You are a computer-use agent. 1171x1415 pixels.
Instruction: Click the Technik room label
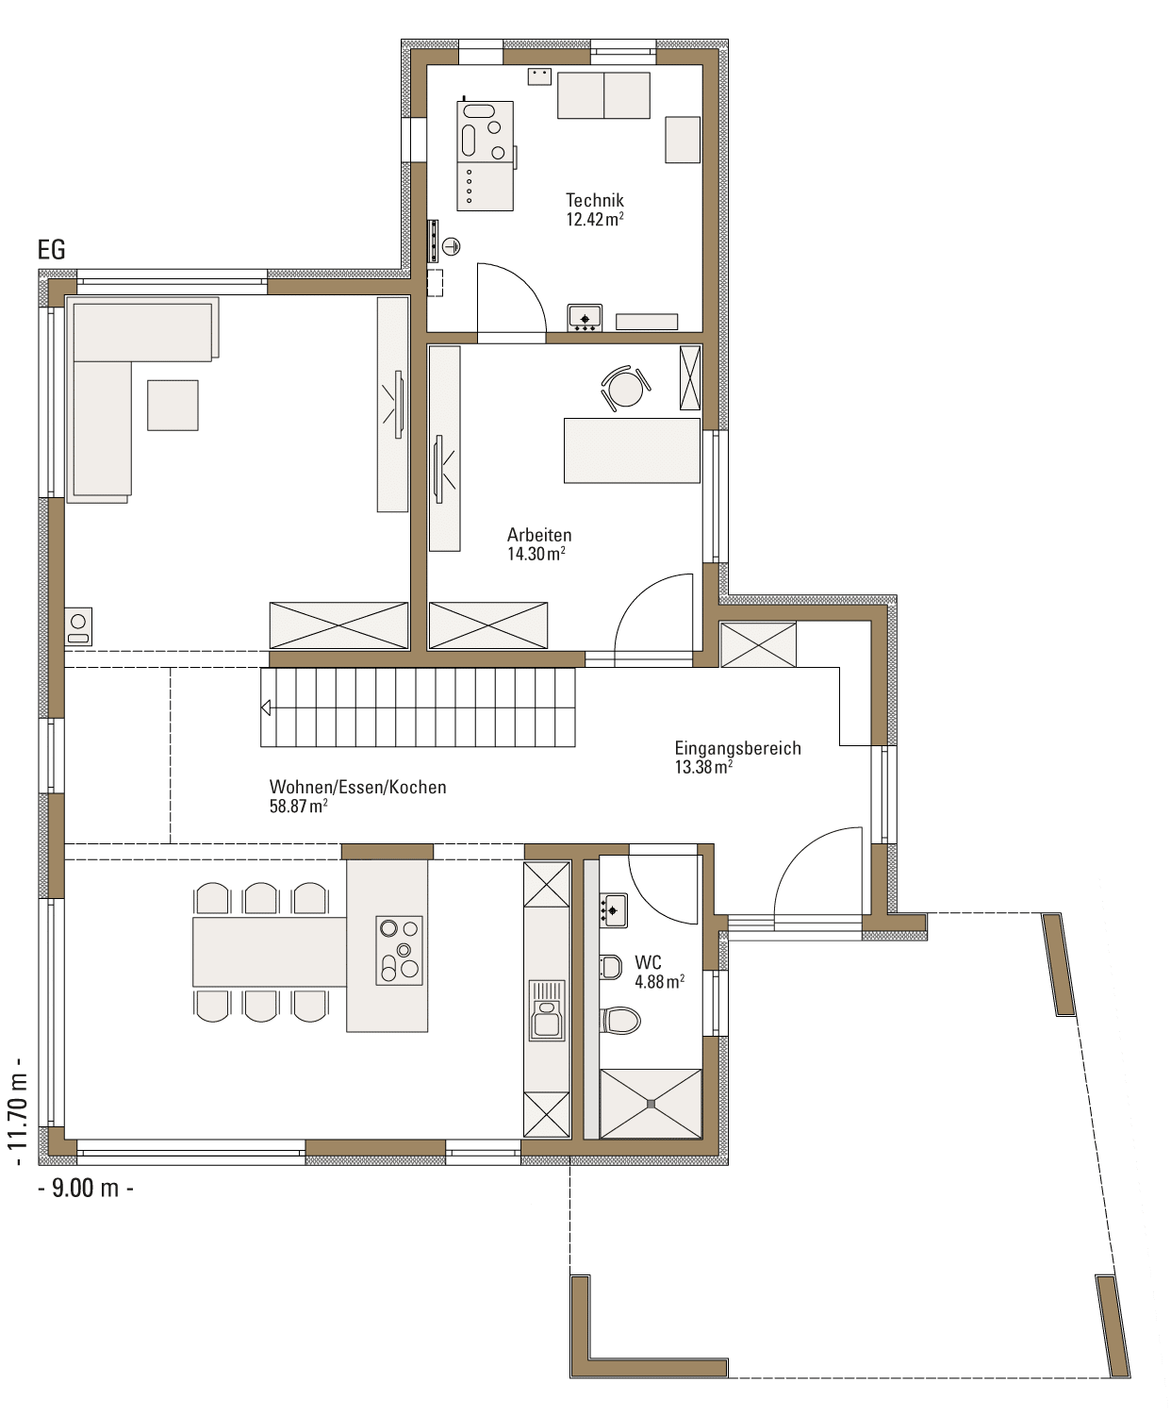click(x=594, y=200)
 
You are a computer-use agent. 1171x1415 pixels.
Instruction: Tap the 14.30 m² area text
click(x=536, y=554)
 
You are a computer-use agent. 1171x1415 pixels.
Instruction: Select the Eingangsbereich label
click(x=737, y=748)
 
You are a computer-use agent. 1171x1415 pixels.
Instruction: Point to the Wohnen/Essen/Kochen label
click(x=357, y=787)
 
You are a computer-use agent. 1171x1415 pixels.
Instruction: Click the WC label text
click(x=648, y=962)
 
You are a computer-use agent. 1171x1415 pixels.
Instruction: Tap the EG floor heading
click(x=52, y=250)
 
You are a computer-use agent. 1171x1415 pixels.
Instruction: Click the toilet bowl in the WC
click(x=619, y=1020)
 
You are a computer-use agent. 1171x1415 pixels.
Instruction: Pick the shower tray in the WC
click(x=651, y=1104)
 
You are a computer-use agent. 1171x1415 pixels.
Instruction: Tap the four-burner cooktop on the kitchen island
click(x=399, y=950)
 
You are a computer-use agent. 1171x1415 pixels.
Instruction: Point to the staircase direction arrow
click(x=266, y=708)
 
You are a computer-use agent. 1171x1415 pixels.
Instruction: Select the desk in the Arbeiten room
click(x=632, y=450)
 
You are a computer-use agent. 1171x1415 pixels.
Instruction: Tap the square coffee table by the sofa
click(x=173, y=406)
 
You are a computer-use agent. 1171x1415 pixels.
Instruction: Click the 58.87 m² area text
click(x=299, y=806)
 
